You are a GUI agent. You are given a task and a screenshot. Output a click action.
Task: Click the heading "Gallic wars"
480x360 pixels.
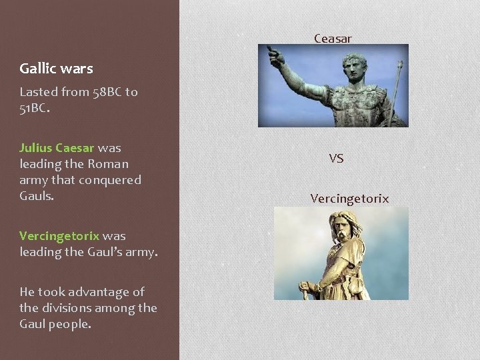pos(56,68)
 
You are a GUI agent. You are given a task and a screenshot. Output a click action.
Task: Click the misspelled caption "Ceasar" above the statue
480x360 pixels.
pos(333,39)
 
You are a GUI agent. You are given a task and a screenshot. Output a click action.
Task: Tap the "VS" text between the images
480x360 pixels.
pos(336,159)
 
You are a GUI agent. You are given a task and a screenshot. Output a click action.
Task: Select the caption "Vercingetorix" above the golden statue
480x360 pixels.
pos(349,199)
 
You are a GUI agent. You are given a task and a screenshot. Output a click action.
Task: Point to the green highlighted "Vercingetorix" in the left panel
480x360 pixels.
pos(59,236)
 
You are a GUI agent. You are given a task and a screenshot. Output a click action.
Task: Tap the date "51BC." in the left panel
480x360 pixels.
pos(34,108)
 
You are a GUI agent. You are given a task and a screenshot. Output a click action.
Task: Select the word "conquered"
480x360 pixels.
pos(109,180)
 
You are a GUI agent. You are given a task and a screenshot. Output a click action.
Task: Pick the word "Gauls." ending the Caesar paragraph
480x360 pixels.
pos(37,196)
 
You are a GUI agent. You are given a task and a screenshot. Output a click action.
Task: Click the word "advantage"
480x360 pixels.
pos(107,292)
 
